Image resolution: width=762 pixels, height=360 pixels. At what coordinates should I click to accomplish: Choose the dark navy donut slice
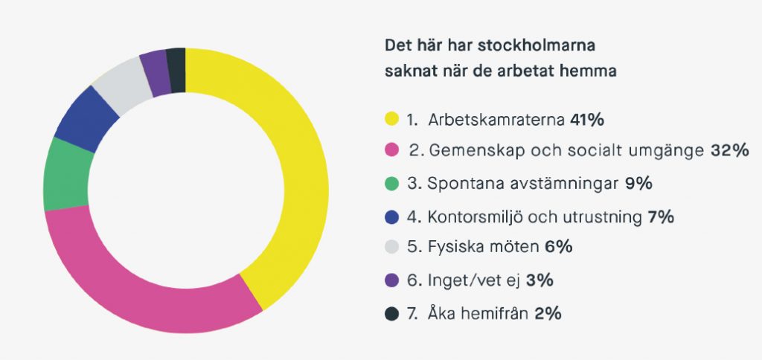(176, 62)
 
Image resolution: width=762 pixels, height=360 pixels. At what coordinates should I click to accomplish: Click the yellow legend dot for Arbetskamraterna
(391, 118)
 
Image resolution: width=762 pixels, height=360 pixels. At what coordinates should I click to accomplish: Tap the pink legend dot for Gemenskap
(391, 151)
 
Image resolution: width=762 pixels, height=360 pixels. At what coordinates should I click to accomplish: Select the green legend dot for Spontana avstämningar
(391, 184)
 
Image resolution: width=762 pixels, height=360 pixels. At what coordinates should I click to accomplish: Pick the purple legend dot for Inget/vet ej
(391, 280)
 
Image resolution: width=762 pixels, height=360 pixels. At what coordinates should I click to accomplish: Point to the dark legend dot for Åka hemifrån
(391, 313)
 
